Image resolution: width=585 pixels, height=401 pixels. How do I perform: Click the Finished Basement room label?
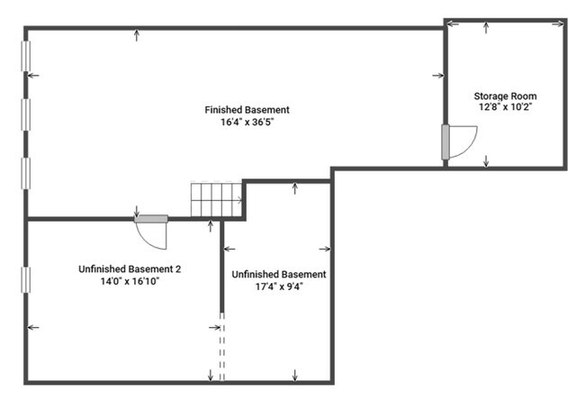click(x=247, y=110)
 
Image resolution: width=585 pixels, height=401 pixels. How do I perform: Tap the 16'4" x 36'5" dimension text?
click(x=247, y=123)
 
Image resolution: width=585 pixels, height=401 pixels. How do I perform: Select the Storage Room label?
click(x=505, y=96)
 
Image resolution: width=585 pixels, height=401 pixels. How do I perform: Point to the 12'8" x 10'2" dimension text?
click(x=505, y=107)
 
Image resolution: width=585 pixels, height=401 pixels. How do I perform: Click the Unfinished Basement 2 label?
click(x=130, y=269)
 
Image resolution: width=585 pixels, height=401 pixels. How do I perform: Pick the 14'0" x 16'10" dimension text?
click(x=130, y=281)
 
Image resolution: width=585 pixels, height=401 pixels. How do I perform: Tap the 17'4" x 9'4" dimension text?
click(x=279, y=287)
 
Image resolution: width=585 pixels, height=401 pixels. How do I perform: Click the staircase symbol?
click(x=216, y=199)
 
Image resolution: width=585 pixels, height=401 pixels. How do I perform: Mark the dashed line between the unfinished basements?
click(x=222, y=347)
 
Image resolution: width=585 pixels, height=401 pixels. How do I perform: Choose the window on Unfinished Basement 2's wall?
click(x=26, y=279)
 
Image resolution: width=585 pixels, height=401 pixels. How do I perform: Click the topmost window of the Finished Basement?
click(x=26, y=56)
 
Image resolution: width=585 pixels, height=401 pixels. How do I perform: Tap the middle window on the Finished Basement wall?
click(x=26, y=114)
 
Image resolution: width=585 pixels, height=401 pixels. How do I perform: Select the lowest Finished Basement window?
click(x=26, y=173)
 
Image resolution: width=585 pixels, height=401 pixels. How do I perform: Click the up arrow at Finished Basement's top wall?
click(x=137, y=35)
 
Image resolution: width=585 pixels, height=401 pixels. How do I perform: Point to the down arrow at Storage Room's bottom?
click(x=486, y=161)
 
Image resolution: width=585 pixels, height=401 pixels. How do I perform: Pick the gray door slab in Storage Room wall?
click(x=445, y=142)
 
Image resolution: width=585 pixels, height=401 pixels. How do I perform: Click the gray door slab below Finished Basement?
click(x=151, y=219)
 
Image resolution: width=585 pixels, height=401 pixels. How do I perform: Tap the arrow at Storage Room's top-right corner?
click(x=558, y=24)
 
